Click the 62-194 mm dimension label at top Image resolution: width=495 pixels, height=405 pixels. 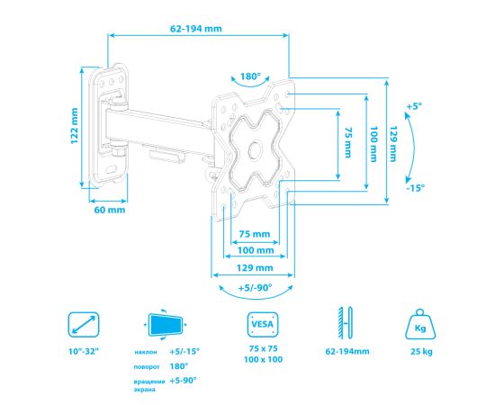coord(196,29)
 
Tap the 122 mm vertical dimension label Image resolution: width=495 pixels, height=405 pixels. coord(74,126)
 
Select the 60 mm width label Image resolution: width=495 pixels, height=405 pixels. coord(110,210)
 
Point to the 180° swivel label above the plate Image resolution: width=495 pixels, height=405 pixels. coord(251,76)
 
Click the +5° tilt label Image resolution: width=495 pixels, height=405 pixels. coord(414,106)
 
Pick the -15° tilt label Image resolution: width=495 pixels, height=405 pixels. coord(416,188)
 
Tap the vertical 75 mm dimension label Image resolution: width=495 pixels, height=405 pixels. coord(347,142)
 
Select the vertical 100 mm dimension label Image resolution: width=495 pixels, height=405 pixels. coord(373,144)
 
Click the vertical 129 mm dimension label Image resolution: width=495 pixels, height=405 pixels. coord(393,144)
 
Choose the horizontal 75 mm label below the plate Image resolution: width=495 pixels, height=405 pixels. coord(255,234)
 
